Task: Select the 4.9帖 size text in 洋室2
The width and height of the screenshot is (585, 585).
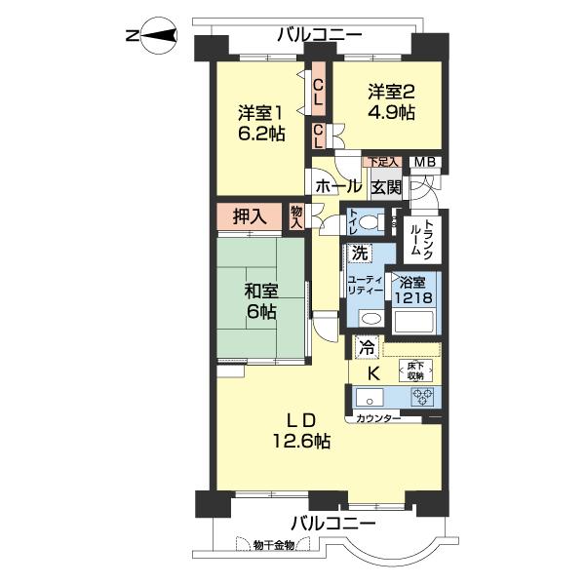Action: (392, 112)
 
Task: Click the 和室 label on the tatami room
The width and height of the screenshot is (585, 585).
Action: (261, 292)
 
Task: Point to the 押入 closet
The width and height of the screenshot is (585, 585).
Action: (250, 215)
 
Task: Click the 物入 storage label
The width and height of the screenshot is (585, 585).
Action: (296, 217)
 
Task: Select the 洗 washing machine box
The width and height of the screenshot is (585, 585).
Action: (360, 253)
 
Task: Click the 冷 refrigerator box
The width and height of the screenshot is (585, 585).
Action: (367, 348)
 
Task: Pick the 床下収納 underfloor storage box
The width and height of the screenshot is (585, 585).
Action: (416, 370)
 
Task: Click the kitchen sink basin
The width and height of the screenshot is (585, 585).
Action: (370, 397)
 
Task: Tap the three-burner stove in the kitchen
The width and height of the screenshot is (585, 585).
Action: (422, 397)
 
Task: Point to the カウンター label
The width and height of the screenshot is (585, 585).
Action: (378, 418)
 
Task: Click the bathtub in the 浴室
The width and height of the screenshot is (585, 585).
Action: (414, 320)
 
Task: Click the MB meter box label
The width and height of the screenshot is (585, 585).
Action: (425, 162)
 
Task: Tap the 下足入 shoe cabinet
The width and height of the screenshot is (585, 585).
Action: (383, 162)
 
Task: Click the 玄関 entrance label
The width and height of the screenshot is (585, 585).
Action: (386, 187)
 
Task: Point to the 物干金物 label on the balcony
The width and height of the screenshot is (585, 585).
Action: (274, 545)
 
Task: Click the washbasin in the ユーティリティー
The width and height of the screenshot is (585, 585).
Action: (371, 319)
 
